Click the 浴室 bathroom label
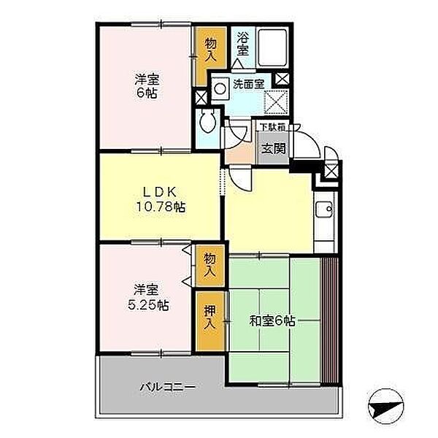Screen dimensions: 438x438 point(242,44)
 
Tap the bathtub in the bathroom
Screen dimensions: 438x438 point(272,47)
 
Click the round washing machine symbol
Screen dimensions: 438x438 point(220,89)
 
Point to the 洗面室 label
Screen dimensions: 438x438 point(248,83)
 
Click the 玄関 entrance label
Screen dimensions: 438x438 point(274,149)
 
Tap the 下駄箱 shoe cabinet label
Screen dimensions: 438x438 point(272,127)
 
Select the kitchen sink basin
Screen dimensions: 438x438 point(324,210)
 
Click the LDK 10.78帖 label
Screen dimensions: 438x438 point(160,199)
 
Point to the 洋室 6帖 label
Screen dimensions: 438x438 point(147,85)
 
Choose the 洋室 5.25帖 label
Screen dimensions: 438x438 point(147,297)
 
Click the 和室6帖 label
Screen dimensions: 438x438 point(272,321)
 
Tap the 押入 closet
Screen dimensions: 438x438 point(210,321)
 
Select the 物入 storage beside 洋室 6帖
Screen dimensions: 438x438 point(210,57)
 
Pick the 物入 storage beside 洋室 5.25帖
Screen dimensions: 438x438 point(210,266)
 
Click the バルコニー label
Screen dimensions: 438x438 point(168,387)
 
